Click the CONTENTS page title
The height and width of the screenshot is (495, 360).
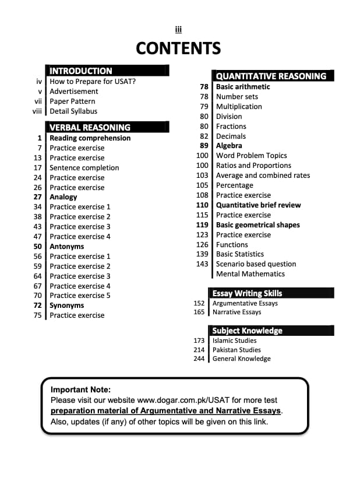click(178, 48)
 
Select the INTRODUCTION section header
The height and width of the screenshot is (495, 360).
click(81, 71)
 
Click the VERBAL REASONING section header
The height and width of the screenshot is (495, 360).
click(90, 127)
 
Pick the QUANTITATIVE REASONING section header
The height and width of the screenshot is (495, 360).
click(271, 76)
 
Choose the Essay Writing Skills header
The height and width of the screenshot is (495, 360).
click(247, 293)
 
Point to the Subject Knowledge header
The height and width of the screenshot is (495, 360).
click(247, 331)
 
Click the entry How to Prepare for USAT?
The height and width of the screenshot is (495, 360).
click(93, 82)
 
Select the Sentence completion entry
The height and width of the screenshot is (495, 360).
click(84, 168)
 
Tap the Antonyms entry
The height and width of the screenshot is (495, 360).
click(66, 247)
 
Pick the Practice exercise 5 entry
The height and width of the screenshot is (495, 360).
click(80, 296)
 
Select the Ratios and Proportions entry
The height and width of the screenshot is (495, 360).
click(253, 166)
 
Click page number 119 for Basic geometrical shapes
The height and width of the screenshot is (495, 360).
click(202, 225)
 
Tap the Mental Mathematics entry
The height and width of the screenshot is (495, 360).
click(250, 274)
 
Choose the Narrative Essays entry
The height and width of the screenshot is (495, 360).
click(237, 313)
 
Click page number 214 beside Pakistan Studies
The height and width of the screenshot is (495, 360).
click(199, 350)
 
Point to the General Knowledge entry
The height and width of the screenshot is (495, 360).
click(241, 359)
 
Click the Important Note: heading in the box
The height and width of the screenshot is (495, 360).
click(80, 389)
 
